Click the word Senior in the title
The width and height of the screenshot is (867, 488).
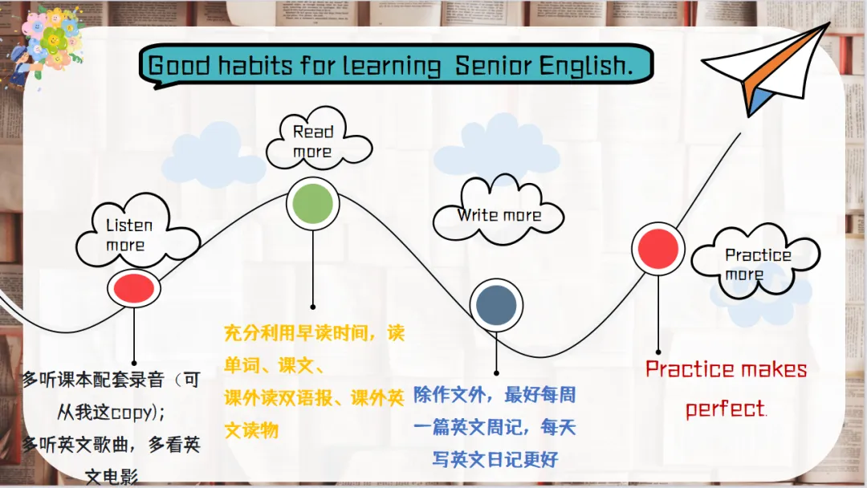coord(493,65)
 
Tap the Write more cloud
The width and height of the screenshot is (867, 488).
coord(498,211)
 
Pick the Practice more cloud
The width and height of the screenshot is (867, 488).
coord(756,262)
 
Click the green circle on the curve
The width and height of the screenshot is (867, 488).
coord(312,203)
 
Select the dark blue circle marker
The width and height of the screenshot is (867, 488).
coord(496,304)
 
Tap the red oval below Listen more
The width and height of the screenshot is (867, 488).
coord(134,288)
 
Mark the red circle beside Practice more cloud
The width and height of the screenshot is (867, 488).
coord(658,249)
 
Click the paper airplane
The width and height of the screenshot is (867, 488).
coord(768,69)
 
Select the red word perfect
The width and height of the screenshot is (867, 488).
coord(726,409)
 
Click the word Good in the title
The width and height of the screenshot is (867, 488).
coord(180,65)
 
